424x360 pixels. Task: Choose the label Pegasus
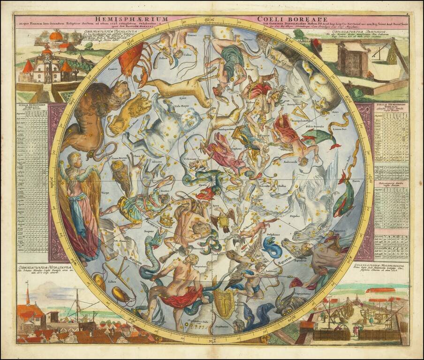(x=295, y=216)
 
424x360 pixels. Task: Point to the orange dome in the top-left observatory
(x=56, y=35)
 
